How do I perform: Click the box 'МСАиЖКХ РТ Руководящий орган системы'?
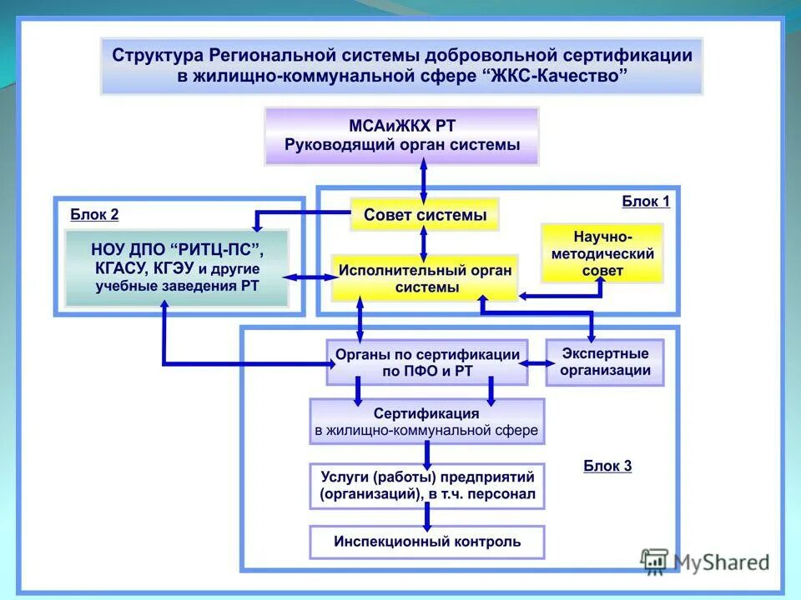point(401,136)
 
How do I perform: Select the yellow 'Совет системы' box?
point(424,215)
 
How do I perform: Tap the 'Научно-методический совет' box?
point(602,253)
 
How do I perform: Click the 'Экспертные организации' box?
point(605,362)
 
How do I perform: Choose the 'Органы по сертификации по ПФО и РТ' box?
point(426,362)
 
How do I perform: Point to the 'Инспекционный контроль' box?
point(426,542)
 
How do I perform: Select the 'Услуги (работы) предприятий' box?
point(426,486)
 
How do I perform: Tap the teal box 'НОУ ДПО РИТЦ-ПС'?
point(177,267)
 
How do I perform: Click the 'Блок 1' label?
point(646,201)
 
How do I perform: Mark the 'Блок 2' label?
point(94,215)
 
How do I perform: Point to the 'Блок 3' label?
point(607,466)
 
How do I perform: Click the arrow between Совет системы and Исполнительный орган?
point(424,242)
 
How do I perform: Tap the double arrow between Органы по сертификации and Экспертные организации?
point(537,362)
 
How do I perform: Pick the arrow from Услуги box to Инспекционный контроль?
point(427,517)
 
